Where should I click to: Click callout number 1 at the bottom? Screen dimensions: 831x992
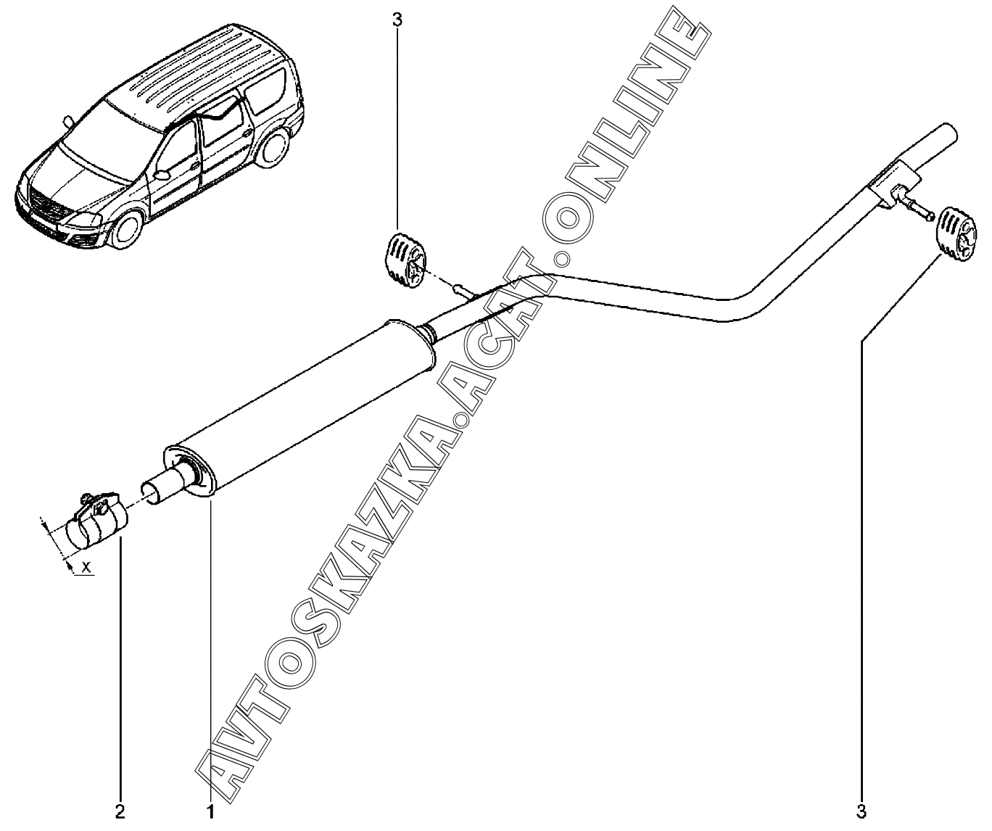(x=211, y=811)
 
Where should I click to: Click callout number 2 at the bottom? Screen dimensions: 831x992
(x=120, y=811)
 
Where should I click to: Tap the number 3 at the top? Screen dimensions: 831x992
(x=397, y=20)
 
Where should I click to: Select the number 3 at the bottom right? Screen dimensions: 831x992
(x=861, y=811)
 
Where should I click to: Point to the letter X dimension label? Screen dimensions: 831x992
(x=86, y=567)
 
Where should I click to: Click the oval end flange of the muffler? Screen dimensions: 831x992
(x=190, y=472)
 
